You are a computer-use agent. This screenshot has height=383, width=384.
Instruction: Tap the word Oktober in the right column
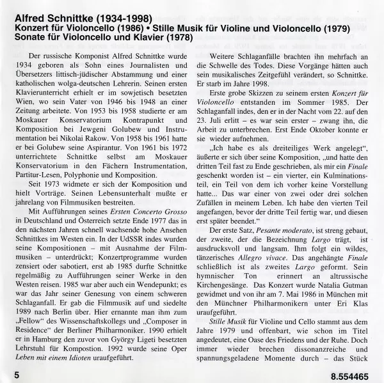point(306,127)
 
